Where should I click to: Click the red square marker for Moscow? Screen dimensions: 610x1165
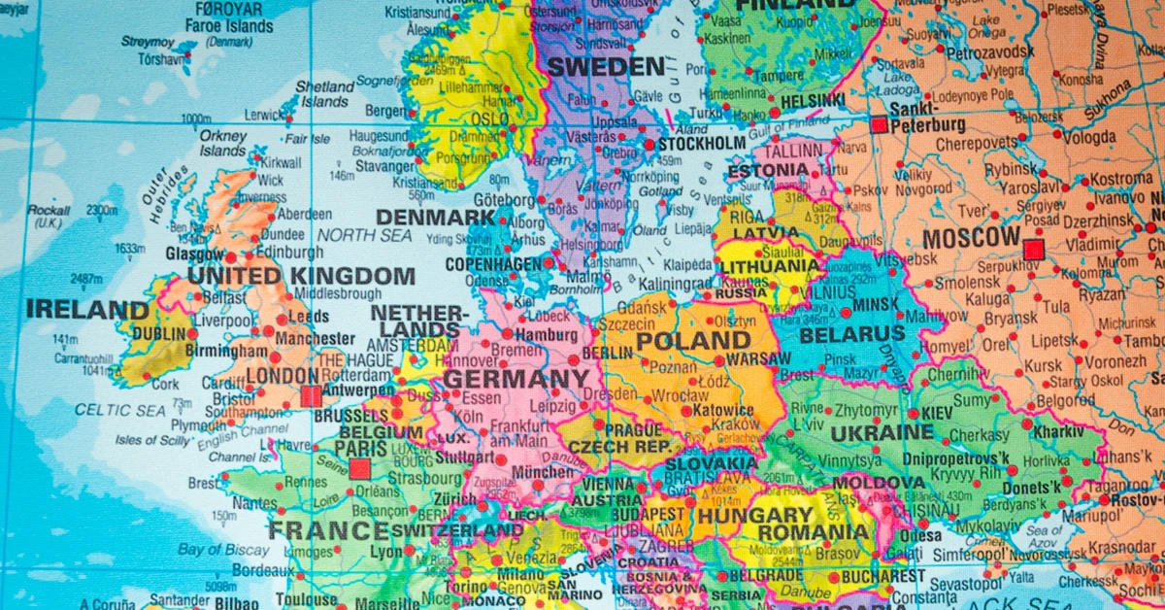1033,250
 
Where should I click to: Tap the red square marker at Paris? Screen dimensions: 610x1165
359,469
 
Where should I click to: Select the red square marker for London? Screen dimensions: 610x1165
311,395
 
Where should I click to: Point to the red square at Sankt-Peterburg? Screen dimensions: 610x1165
879,124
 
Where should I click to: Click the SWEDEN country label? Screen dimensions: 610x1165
606,67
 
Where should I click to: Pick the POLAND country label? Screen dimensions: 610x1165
693,341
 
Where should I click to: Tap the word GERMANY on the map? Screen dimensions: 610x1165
516,379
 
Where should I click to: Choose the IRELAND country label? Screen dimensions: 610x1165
87,310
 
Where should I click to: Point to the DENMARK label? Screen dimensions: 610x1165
436,218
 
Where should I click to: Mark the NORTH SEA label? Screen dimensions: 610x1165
365,235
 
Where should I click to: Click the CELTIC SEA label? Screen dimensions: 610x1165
119,411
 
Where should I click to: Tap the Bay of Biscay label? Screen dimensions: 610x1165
224,550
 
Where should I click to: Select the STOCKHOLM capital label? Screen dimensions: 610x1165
701,145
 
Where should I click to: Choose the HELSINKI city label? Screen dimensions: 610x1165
812,100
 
